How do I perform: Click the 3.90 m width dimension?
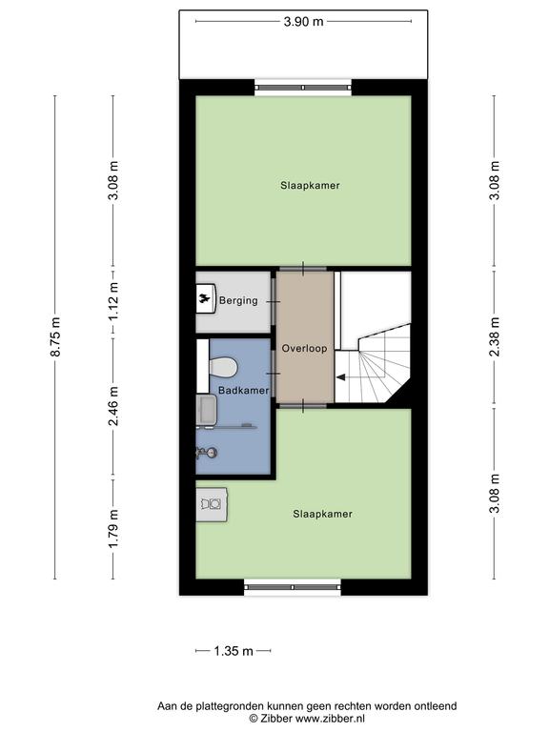pyautogui.click(x=303, y=22)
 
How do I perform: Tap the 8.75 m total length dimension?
pyautogui.click(x=55, y=336)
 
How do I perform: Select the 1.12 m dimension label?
pyautogui.click(x=113, y=301)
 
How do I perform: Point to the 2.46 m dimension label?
pyautogui.click(x=113, y=406)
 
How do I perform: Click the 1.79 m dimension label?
pyautogui.click(x=113, y=529)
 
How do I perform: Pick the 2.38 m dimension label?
pyautogui.click(x=495, y=336)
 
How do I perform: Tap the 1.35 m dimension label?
pyautogui.click(x=234, y=651)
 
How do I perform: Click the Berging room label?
pyautogui.click(x=238, y=300)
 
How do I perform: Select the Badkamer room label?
pyautogui.click(x=244, y=390)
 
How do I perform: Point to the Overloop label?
pyautogui.click(x=304, y=348)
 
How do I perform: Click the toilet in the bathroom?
pyautogui.click(x=223, y=367)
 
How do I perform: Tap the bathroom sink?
pyautogui.click(x=206, y=410)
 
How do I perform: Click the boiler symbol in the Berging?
pyautogui.click(x=206, y=299)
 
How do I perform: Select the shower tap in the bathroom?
pyautogui.click(x=207, y=452)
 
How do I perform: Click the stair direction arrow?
pyautogui.click(x=341, y=377)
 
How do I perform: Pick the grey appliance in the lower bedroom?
pyautogui.click(x=212, y=504)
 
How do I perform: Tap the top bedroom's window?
pyautogui.click(x=303, y=88)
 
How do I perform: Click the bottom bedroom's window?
pyautogui.click(x=293, y=587)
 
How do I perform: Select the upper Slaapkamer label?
pyautogui.click(x=310, y=185)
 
